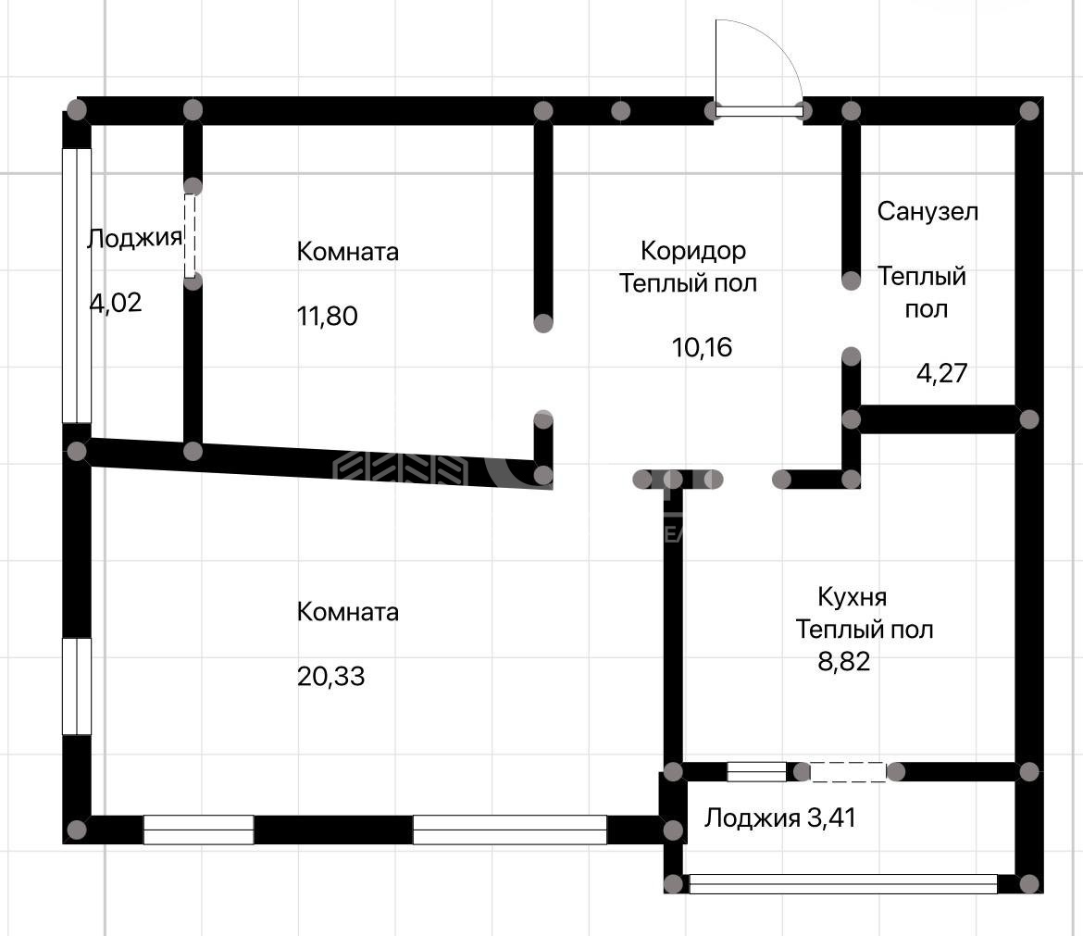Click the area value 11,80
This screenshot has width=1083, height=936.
pos(328,317)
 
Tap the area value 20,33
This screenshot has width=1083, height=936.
pos(330,676)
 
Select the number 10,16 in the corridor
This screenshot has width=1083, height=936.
pos(702,347)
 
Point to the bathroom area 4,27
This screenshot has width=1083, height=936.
pos(941,373)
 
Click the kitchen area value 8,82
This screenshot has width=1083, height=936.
pos(843,661)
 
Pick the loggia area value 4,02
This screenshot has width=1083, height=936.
pos(116,303)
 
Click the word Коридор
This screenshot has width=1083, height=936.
pos(692,251)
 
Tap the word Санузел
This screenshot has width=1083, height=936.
pos(927,211)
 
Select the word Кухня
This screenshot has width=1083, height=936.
pos(853,597)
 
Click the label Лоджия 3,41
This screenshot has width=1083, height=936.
pos(779,817)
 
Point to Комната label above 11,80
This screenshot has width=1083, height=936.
pos(347,252)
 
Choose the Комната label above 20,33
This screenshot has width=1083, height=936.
pos(347,612)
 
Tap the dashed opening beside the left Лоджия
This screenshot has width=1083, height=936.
pos(190,236)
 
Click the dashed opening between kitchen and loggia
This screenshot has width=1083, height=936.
pos(848,771)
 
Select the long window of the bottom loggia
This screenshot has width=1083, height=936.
pos(843,884)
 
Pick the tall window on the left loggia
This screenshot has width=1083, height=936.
pos(77,286)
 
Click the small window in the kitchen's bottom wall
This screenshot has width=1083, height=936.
pos(757,771)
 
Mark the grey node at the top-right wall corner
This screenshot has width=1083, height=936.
pos(1029,110)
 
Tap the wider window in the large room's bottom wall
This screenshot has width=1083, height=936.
pos(510,830)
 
